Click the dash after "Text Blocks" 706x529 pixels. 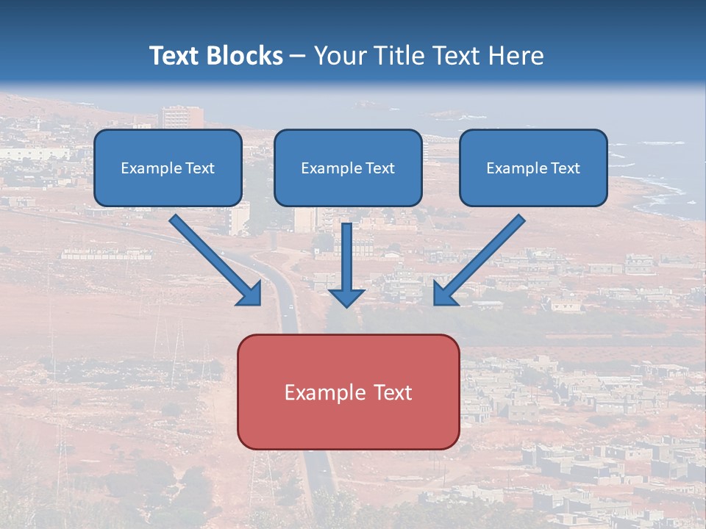(x=298, y=57)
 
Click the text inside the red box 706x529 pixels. (x=348, y=392)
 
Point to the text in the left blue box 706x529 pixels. (x=168, y=168)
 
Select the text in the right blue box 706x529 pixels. (x=533, y=168)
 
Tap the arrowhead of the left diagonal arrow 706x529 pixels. (x=250, y=294)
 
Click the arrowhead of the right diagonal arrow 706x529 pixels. (x=445, y=294)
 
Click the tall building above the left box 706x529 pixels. (x=182, y=117)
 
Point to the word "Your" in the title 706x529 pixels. (x=341, y=56)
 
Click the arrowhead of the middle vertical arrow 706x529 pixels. (x=346, y=297)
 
